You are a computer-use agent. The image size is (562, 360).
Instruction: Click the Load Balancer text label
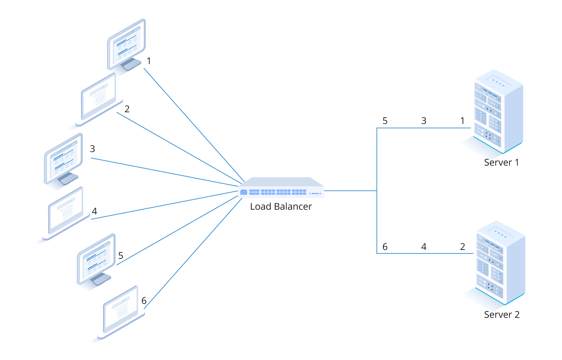coord(281,207)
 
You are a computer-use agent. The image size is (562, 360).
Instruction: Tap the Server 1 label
coord(501,162)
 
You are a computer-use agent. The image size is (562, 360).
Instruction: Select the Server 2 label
coord(501,315)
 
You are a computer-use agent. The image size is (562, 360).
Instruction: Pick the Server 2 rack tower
coord(500,263)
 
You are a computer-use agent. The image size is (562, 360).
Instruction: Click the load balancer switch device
coord(281,188)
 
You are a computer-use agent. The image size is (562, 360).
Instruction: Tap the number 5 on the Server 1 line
coord(385,121)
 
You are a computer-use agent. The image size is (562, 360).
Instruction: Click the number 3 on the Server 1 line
coord(424,121)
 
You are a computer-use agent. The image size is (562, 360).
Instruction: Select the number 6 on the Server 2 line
coord(385,247)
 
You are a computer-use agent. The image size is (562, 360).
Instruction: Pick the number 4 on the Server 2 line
coord(424,247)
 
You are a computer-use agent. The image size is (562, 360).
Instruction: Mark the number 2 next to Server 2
coord(463,247)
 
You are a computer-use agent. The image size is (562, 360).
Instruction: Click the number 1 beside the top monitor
coord(149,61)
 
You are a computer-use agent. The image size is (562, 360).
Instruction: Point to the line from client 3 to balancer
coord(166,172)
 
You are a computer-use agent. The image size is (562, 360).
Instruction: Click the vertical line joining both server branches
coord(377,216)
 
